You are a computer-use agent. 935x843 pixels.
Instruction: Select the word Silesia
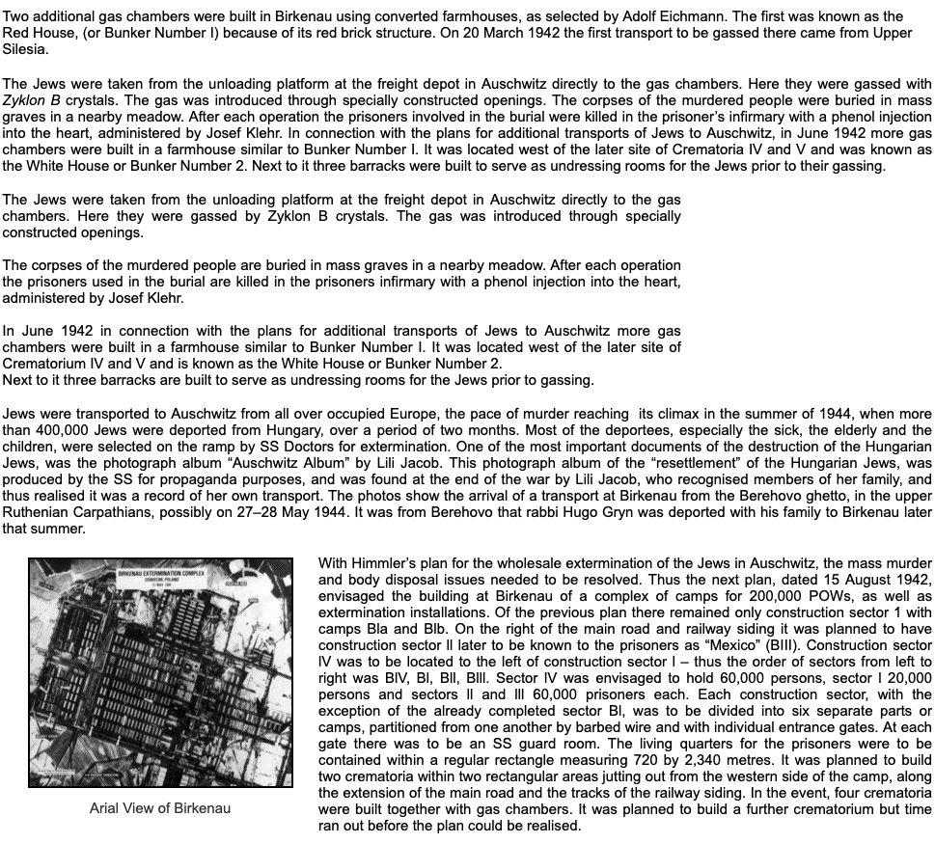[25, 48]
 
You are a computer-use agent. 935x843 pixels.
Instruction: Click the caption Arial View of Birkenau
[159, 807]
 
